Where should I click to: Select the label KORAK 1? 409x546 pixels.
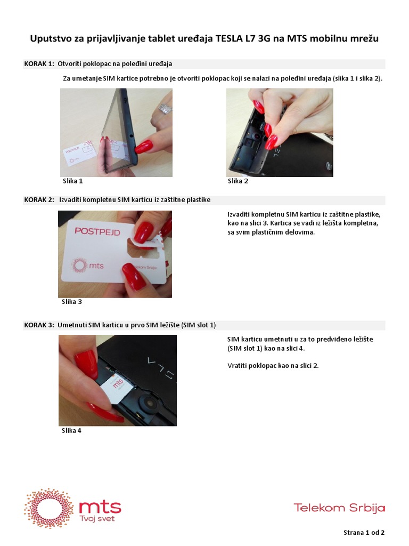click(39, 64)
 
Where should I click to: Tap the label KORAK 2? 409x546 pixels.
click(39, 200)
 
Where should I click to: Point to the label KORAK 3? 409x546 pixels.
click(39, 325)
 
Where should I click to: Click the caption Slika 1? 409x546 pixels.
click(72, 181)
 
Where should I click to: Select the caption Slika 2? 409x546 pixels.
click(238, 181)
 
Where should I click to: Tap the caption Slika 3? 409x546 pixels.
click(72, 302)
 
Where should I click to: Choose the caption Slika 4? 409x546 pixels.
click(71, 431)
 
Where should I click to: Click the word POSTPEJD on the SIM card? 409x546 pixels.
click(97, 231)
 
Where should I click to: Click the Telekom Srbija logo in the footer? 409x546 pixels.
click(339, 508)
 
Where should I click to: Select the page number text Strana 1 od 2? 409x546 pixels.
click(364, 533)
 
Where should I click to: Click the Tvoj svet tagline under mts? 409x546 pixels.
click(97, 519)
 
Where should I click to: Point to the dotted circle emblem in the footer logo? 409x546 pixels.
click(48, 508)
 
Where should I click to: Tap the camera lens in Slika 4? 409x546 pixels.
click(150, 402)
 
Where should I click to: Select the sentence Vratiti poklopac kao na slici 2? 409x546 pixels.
click(273, 366)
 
